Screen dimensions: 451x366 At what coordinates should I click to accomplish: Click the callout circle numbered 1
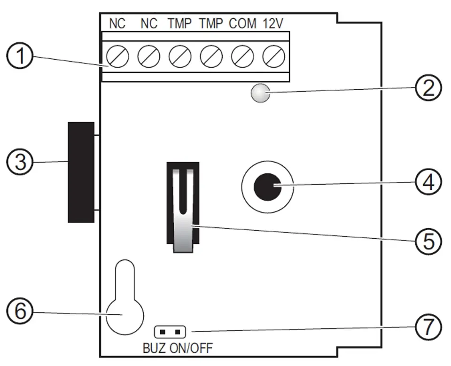coord(20,55)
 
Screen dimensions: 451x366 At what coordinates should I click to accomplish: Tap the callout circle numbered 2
coord(428,87)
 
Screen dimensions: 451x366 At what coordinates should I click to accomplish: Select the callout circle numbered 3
coord(20,162)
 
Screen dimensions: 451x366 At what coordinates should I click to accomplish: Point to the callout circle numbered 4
coord(428,182)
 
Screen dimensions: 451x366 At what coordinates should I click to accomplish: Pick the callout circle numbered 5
coord(428,241)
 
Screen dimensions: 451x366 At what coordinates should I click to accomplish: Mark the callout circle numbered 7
coord(428,327)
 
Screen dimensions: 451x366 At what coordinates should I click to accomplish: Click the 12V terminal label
coord(273,23)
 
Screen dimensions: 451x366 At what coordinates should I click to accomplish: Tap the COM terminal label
coord(242,23)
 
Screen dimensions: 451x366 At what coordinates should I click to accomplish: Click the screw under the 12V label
coord(273,56)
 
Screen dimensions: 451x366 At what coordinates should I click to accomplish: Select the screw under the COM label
coord(242,56)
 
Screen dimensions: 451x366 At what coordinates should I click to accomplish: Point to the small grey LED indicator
coord(261,93)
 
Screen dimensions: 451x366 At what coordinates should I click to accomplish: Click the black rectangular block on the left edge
coord(81,172)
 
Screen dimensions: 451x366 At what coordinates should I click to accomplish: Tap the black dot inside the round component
coord(267,187)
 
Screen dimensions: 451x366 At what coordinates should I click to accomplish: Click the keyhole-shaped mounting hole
coord(125,297)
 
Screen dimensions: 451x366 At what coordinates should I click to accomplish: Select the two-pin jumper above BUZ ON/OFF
coord(170,332)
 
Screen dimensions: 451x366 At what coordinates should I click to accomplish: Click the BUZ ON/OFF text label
coord(178,348)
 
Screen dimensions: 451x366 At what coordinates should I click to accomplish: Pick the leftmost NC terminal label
coord(117,23)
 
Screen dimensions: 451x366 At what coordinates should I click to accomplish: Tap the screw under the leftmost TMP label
coord(180,56)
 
